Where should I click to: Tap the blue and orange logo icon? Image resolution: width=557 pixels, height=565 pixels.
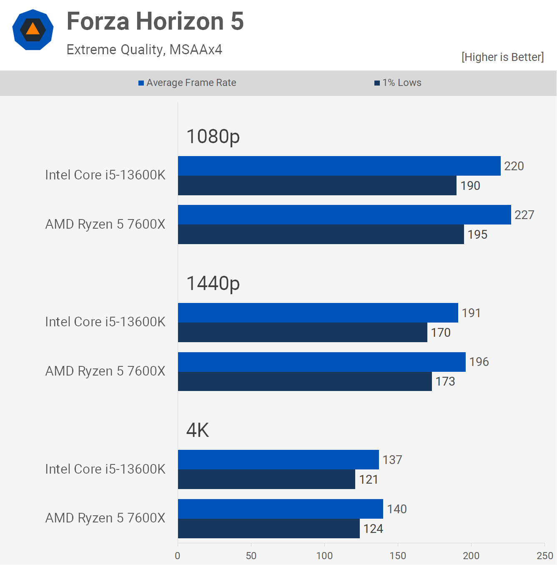pos(33,30)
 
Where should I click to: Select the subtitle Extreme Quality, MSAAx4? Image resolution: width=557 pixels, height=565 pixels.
pos(144,50)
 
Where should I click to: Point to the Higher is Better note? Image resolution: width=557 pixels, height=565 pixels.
pos(502,57)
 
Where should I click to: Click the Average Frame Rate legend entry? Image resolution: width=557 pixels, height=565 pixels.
pos(187,83)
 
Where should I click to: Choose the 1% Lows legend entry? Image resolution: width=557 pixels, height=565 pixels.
pos(398,83)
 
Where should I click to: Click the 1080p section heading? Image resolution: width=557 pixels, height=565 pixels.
pos(213,136)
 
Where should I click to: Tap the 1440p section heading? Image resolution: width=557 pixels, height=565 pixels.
pos(213,283)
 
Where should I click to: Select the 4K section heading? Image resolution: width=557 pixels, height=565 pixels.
pos(198,430)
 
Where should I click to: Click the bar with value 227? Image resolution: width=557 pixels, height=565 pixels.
pos(344,215)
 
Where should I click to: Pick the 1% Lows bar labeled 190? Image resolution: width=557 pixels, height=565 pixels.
pos(317,186)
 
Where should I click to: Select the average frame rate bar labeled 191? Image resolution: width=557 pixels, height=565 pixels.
pos(318,313)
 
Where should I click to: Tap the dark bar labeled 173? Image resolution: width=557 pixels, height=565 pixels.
pos(305,381)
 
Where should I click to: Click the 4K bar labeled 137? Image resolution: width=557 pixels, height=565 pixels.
pos(278,460)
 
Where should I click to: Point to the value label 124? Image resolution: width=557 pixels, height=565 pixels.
pos(373,529)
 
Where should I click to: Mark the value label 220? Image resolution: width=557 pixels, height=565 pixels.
pos(514,166)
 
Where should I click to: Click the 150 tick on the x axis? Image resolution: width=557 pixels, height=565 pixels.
pos(398,555)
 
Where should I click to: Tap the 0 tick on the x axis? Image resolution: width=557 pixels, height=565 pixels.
pos(178,555)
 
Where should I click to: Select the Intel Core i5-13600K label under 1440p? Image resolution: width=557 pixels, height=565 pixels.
pos(105,322)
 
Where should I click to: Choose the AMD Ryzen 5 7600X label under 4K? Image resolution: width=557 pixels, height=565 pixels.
pos(105,518)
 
